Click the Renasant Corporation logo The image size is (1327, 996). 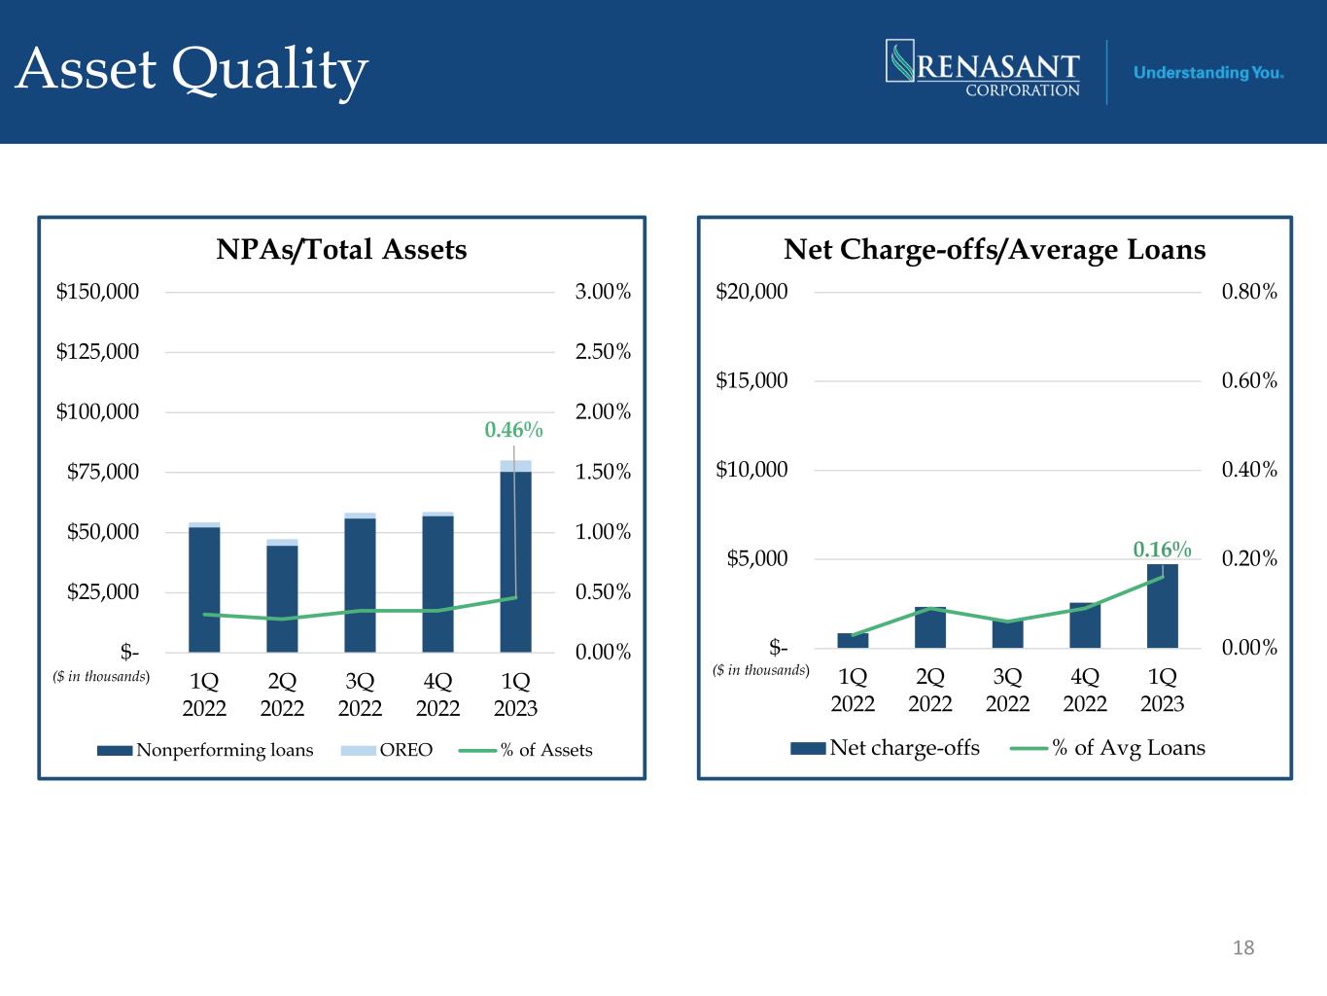(983, 69)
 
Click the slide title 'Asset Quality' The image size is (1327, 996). (192, 70)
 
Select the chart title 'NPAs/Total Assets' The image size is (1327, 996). (341, 250)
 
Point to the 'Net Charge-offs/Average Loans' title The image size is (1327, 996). (995, 250)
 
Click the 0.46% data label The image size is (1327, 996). (513, 429)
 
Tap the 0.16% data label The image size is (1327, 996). (1162, 551)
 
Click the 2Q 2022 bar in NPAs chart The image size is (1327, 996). (282, 598)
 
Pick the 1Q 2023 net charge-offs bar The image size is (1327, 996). (1162, 606)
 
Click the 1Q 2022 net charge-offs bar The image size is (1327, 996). (853, 640)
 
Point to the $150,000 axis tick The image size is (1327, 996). (97, 291)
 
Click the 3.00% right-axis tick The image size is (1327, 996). (603, 291)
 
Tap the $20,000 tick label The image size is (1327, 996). (751, 291)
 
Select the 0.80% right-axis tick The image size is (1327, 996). (1249, 291)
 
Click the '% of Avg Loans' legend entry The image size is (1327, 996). (1108, 748)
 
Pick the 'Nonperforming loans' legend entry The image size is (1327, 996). (205, 750)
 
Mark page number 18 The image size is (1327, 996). (1243, 947)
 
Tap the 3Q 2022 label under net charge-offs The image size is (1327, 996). (1007, 689)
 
